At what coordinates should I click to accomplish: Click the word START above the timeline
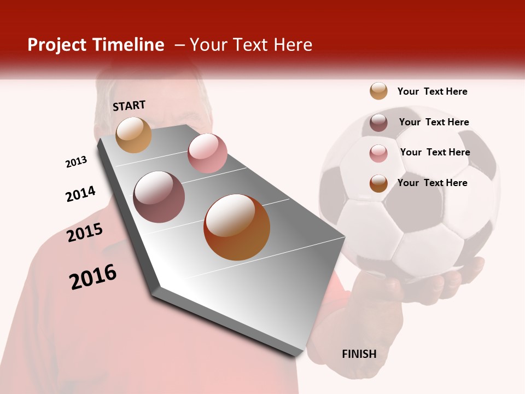tap(129, 105)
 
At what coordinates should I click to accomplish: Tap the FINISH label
tap(359, 354)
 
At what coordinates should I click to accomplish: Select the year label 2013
tap(76, 162)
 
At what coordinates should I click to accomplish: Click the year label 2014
tap(80, 194)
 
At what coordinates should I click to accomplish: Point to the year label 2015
tap(85, 233)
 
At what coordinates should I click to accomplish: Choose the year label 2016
tap(93, 277)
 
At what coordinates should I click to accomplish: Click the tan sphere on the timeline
tap(134, 135)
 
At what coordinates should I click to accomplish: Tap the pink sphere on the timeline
tap(207, 153)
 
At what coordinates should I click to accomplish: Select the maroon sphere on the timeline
tap(159, 197)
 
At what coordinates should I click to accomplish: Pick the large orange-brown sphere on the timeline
tap(237, 227)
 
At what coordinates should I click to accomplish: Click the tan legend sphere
tap(378, 91)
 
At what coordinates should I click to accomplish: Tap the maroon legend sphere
tap(378, 123)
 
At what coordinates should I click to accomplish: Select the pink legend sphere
tap(378, 153)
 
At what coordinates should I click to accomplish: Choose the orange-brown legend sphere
tap(378, 183)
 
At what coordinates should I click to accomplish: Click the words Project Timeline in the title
tap(96, 45)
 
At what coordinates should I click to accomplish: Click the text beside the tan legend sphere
tap(432, 91)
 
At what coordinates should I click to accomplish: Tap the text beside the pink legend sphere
tap(435, 152)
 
